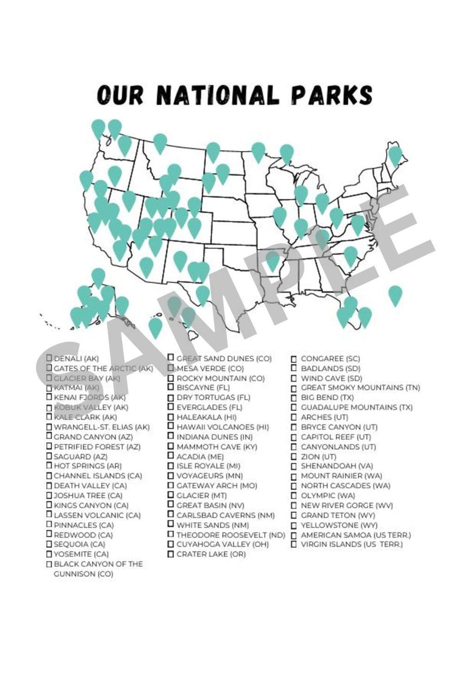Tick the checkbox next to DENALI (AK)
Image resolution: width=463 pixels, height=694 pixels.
[x=49, y=358]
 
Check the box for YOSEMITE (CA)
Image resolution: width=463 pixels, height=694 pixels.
[x=49, y=554]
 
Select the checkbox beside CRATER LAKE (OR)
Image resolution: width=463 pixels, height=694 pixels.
[x=171, y=554]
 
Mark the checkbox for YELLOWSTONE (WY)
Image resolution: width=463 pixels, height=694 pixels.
[x=294, y=525]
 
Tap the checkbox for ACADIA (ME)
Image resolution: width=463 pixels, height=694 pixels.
[x=171, y=456]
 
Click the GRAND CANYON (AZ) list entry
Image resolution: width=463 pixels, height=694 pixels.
[x=93, y=437]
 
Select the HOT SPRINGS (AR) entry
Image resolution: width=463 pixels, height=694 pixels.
[x=87, y=466]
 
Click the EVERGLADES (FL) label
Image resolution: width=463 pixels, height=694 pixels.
[x=209, y=407]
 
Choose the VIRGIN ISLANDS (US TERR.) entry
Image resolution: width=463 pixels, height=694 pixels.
[x=352, y=544]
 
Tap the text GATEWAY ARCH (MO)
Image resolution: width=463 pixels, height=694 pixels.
[x=216, y=486]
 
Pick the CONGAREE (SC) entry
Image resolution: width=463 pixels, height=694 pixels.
[x=330, y=359]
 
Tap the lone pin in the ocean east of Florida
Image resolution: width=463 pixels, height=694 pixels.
[x=395, y=294]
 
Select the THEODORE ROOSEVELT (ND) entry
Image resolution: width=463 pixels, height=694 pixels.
[x=231, y=535]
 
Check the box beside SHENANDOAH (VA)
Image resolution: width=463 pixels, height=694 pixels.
[x=294, y=466]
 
